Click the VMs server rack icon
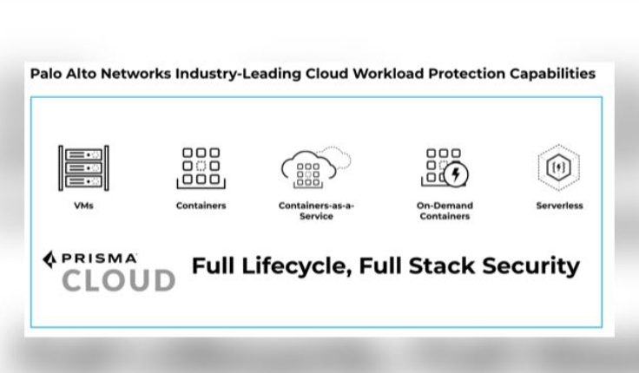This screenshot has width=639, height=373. tap(83, 167)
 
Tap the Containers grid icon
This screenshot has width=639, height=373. tap(201, 167)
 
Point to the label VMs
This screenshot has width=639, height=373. tap(84, 206)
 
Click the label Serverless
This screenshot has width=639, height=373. tap(559, 206)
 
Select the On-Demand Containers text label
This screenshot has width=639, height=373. tap(445, 211)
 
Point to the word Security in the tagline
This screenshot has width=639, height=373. tap(531, 265)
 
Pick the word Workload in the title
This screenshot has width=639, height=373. tap(394, 74)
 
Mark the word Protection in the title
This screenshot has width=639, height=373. tap(471, 74)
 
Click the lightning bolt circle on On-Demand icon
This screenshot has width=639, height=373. tap(455, 174)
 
